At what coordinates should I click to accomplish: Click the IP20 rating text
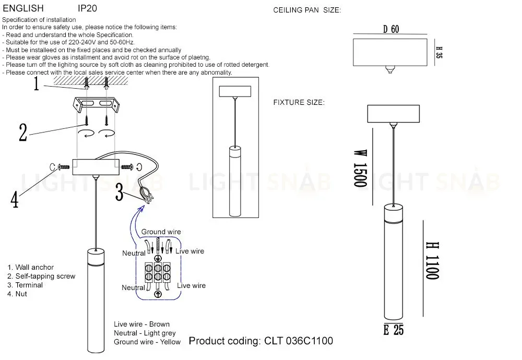point(87,9)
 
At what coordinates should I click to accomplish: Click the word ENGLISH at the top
point(23,9)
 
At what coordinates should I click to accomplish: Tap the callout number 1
point(36,83)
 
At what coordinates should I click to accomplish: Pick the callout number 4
point(15,198)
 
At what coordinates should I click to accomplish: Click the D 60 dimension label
point(391,30)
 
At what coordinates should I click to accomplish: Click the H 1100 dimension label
point(431,260)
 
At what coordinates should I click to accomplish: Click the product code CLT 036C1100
point(260,341)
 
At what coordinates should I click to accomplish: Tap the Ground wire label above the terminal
point(161,232)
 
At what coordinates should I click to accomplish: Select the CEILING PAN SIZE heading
point(307,10)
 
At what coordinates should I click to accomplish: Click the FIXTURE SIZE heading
point(299,102)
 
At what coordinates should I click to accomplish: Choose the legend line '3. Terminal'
point(25,285)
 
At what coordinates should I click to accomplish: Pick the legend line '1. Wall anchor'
point(30,267)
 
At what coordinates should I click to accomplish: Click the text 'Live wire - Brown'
point(141,324)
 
